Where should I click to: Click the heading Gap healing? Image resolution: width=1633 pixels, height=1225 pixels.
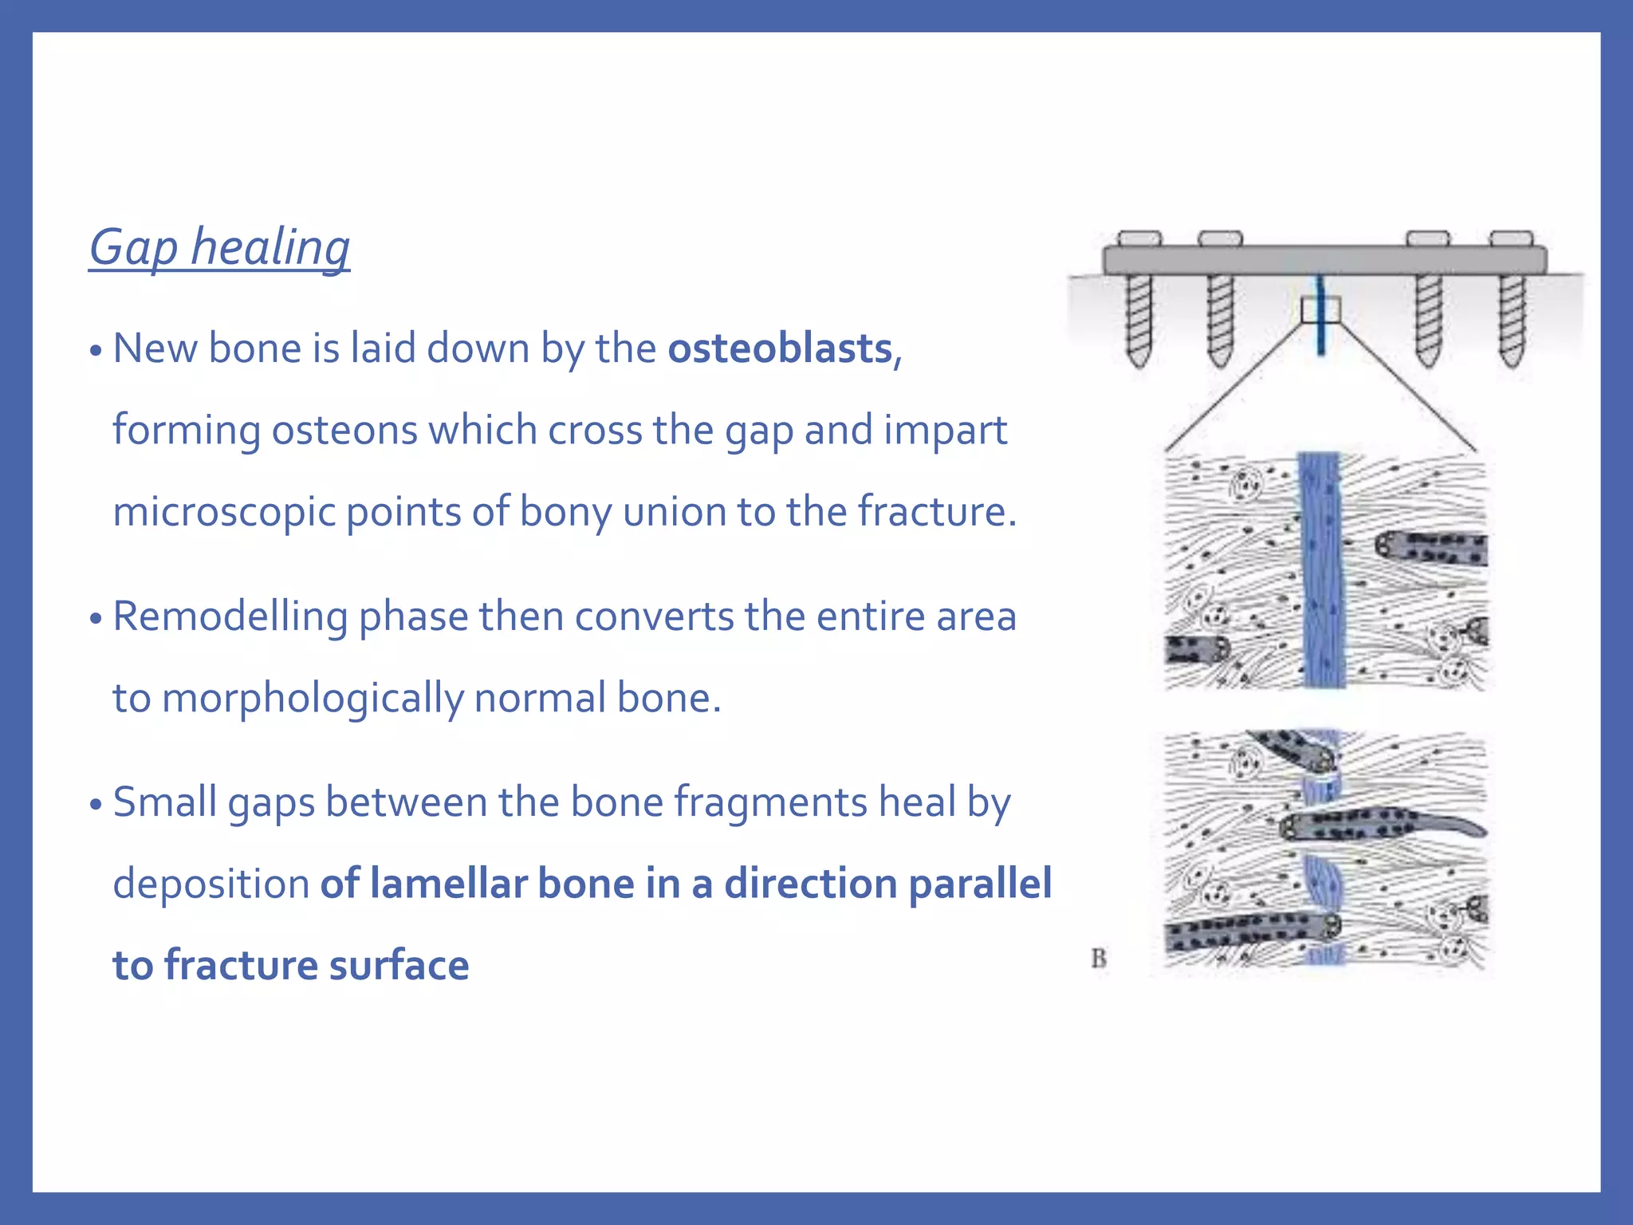pos(219,248)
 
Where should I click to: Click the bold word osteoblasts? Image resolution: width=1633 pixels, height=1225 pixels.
pos(780,349)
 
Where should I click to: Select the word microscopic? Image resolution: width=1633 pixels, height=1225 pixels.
pos(223,513)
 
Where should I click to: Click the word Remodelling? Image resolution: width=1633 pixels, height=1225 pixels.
pos(230,616)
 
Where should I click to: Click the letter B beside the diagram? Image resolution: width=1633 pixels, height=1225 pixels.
pos(1099,958)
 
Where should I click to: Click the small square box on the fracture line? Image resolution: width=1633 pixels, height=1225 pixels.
pos(1320,309)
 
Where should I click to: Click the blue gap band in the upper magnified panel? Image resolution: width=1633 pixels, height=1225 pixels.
pos(1322,570)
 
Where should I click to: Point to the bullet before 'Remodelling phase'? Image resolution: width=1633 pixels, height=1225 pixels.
pos(96,619)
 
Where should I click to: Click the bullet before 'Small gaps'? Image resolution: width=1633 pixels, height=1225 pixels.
pos(96,805)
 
